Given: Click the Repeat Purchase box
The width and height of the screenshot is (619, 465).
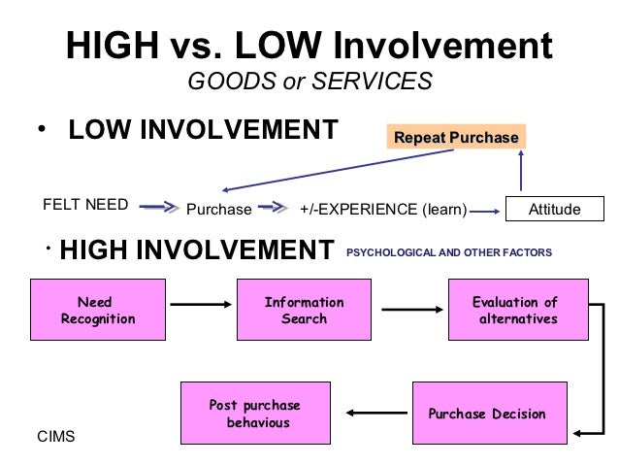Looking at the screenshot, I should coord(456,137).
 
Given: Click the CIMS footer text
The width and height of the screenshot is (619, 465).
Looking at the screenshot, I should coord(54,438).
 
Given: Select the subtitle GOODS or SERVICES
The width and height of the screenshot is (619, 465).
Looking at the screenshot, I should coord(309,82).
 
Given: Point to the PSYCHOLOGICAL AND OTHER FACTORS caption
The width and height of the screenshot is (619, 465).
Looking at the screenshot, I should coord(448,252).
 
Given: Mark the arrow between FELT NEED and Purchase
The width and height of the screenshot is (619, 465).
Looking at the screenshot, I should coord(159,207).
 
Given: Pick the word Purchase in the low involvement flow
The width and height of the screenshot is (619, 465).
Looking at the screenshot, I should coord(218,209).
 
